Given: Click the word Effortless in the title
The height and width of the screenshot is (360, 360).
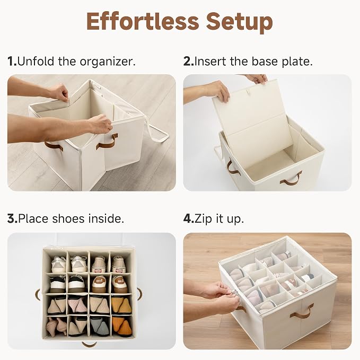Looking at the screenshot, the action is coord(142,21).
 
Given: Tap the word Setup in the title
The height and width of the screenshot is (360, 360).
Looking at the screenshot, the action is coord(240,22).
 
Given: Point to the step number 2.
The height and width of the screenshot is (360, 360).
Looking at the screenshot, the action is coord(189,62).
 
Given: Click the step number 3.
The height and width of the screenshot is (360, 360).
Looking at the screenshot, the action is coord(12,218).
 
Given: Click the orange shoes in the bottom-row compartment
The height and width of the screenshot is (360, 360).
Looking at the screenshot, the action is coord(122,327).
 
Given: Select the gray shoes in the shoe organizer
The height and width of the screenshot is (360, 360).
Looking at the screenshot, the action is coord(99,327).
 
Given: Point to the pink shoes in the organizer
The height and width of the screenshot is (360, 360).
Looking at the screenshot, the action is coord(77,305).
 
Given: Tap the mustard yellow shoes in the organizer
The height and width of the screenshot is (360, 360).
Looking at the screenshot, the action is coord(122,305).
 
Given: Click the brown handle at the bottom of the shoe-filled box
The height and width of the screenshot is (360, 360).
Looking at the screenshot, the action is coord(89,344).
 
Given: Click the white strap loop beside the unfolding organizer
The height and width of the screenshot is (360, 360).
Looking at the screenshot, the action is coord(158,130).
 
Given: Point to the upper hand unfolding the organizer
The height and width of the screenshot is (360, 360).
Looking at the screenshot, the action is coord(58,92).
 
